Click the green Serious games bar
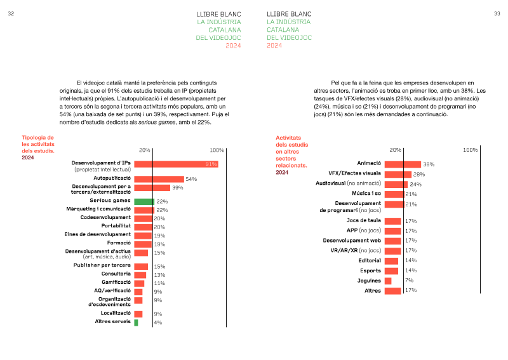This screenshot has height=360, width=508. (144, 201)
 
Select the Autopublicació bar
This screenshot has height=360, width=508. (159, 179)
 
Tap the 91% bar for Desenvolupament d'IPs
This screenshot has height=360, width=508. (176, 164)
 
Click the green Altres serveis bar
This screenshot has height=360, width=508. (136, 323)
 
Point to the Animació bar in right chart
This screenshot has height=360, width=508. (403, 164)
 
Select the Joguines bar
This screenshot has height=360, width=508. (388, 280)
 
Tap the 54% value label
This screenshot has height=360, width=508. (191, 180)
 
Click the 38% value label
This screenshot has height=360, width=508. (429, 164)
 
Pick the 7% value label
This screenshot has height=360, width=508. (409, 280)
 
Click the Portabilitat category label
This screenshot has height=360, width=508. (116, 226)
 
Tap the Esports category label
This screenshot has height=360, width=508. (370, 270)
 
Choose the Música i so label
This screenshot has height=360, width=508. (366, 194)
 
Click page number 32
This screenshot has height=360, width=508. (11, 13)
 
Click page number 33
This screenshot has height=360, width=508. (497, 13)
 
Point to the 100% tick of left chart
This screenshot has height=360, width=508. (217, 150)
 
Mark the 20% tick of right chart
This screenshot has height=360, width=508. (395, 150)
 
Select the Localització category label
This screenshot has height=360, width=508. (116, 313)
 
